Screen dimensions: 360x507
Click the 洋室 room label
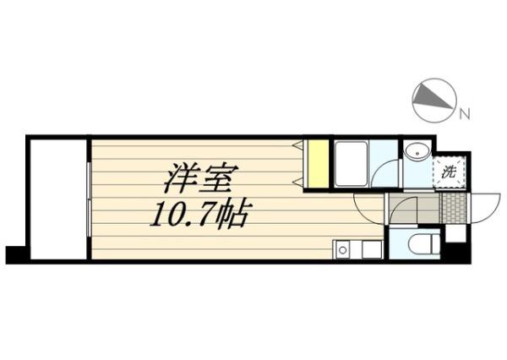[x=201, y=178]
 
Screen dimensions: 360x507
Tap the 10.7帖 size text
[x=199, y=217]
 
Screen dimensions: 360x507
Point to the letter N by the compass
[x=465, y=113]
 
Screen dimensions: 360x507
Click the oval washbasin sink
[x=417, y=153]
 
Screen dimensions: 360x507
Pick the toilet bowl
[x=419, y=245]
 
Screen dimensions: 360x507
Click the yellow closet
[x=317, y=163]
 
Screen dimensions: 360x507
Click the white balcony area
[x=58, y=198]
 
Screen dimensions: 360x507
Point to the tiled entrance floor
[x=453, y=207]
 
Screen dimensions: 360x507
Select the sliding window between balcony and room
[x=89, y=198]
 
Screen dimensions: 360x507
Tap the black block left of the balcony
[x=16, y=254]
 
